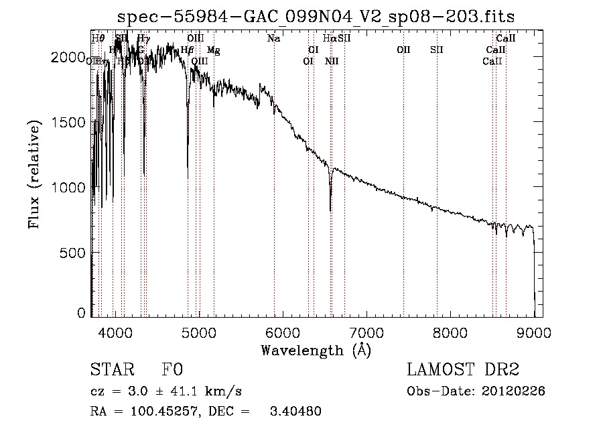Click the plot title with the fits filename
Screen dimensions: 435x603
click(316, 16)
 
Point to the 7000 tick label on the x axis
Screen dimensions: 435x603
click(366, 331)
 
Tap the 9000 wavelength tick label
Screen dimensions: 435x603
click(533, 331)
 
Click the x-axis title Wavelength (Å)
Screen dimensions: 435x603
click(316, 349)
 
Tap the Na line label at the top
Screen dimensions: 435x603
click(273, 39)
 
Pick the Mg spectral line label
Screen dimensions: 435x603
click(213, 50)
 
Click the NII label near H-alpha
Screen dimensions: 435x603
click(332, 62)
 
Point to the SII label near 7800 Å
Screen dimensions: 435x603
click(437, 50)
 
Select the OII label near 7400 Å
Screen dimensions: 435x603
click(403, 50)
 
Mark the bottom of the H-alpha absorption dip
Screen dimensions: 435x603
click(330, 210)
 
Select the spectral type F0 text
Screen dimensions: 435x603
click(172, 371)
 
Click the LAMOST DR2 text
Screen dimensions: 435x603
click(463, 371)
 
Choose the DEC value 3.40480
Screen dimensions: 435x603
click(295, 412)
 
